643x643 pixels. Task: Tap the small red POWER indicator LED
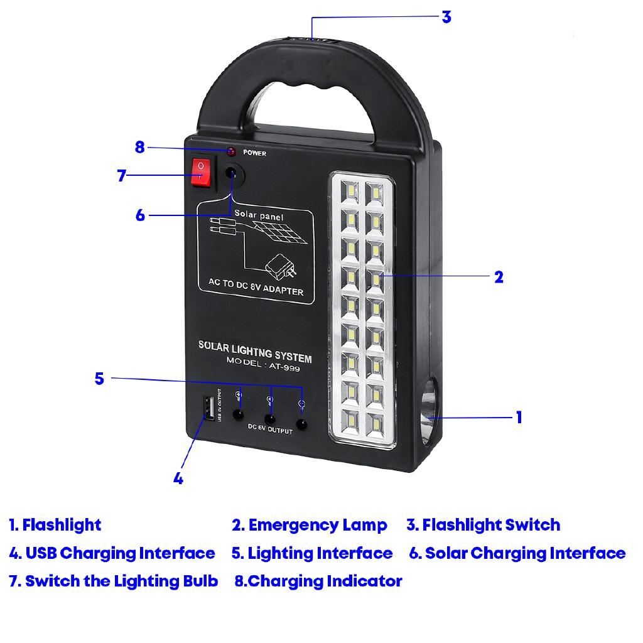231,152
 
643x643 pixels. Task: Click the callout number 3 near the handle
446,17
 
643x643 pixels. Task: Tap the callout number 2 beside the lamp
499,277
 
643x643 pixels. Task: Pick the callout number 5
99,379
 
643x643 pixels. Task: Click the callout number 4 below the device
178,478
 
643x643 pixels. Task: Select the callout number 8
139,148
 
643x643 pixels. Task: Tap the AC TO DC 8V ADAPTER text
256,288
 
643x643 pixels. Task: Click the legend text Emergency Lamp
317,525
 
